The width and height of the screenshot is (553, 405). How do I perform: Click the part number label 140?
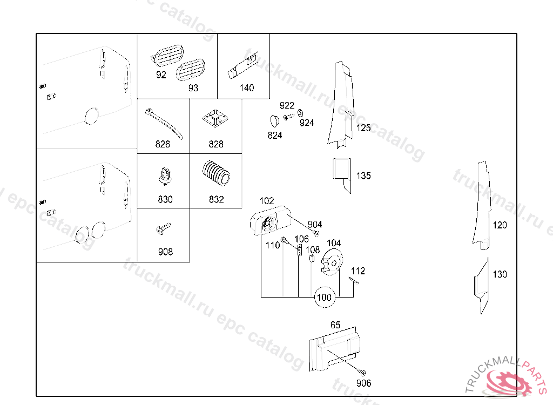[246, 88]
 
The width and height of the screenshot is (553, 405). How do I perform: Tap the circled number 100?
[324, 297]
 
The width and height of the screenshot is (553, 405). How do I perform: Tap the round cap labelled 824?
[273, 120]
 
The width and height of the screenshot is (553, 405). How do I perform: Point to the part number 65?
[335, 325]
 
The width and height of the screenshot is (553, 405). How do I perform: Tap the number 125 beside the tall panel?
[363, 129]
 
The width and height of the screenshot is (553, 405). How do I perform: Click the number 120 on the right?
[500, 225]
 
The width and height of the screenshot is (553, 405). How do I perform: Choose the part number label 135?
[363, 176]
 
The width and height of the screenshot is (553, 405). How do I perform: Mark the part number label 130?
[500, 274]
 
